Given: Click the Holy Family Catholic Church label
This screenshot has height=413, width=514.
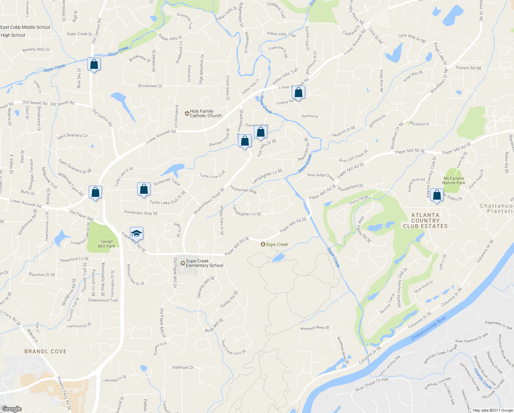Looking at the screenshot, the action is [x=205, y=114].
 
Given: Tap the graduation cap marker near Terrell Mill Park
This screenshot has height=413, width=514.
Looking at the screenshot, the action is [x=136, y=234].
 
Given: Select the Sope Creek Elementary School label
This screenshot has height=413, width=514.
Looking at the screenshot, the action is [x=204, y=263].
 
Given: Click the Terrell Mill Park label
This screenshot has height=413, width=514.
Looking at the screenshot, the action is [x=107, y=244].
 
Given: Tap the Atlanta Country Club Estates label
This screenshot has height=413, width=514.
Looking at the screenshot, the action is [x=425, y=221].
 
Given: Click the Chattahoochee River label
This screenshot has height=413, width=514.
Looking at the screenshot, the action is [x=428, y=328].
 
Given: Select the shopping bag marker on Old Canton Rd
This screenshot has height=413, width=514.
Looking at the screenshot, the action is [x=94, y=64].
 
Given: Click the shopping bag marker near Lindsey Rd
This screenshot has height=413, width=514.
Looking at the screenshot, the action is [x=299, y=93].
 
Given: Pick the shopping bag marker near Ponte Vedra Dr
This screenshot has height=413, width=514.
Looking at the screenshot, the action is [x=437, y=195].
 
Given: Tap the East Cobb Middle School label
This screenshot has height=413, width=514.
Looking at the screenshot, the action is [x=25, y=27].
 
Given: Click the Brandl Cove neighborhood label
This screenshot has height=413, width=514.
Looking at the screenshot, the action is [x=46, y=351].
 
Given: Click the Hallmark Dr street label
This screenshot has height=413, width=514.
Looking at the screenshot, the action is [x=183, y=368].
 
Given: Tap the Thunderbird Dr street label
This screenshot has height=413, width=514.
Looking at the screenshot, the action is [x=350, y=188].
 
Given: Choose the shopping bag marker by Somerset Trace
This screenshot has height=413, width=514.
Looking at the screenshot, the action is [x=144, y=190].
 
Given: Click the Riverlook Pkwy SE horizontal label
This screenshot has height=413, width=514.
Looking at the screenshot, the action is [x=315, y=328].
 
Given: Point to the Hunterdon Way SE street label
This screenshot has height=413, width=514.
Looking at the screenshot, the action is [x=141, y=213].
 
